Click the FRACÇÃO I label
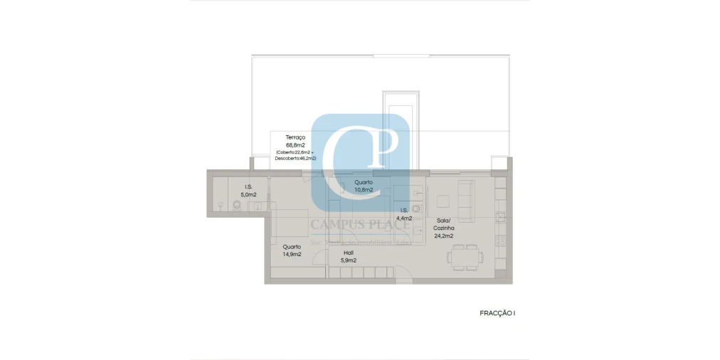[x=497, y=313]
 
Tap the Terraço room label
[x=295, y=137]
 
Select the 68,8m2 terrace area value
[x=295, y=144]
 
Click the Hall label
[x=349, y=253]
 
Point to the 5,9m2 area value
[x=349, y=260]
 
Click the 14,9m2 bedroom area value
[x=292, y=254]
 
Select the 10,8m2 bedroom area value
[x=364, y=190]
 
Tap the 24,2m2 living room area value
[x=444, y=235]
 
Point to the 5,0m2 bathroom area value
[x=248, y=194]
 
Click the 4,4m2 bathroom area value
[x=404, y=218]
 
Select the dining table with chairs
[x=467, y=257]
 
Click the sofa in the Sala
[x=467, y=200]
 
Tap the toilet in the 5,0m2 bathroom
[x=236, y=206]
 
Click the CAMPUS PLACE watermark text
[x=359, y=226]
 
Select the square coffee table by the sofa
[x=444, y=201]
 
